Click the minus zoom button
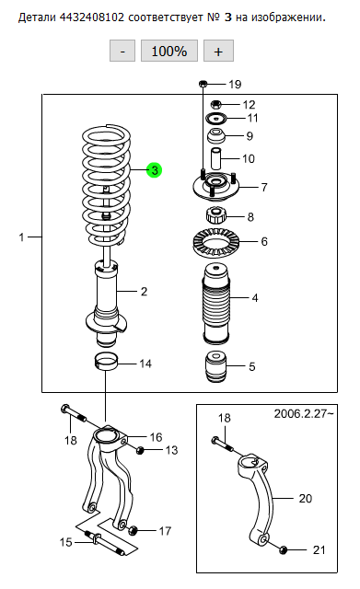coord(122,51)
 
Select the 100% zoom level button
coord(169,51)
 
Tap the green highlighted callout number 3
coord(155,170)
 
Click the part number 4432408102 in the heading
coord(92,17)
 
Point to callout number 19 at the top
coord(235,84)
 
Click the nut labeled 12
coord(215,103)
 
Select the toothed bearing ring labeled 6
coord(214,242)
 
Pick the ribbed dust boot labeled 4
coord(216,304)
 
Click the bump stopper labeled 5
coord(216,366)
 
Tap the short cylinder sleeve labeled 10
coord(215,159)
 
